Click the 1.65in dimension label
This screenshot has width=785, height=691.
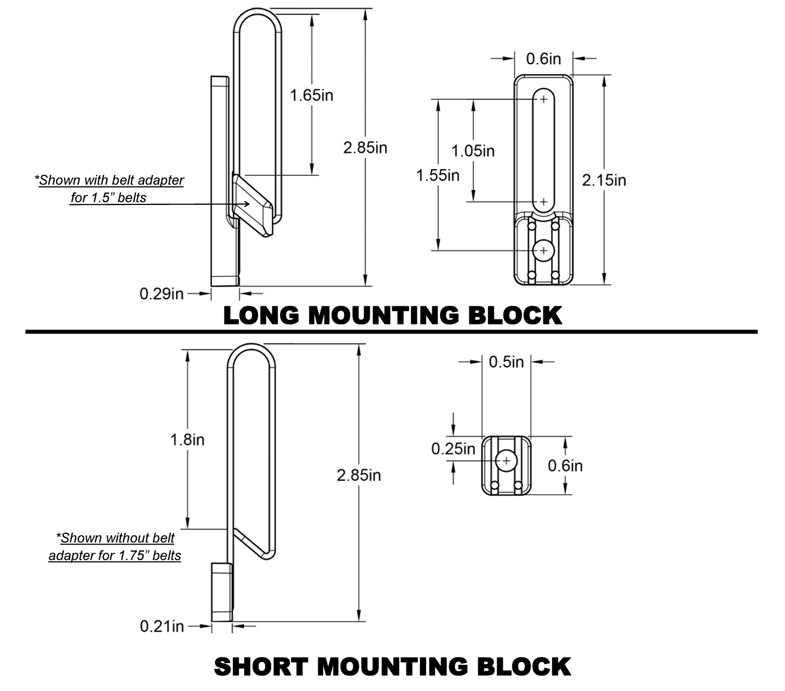click(x=311, y=95)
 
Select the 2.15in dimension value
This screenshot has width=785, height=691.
click(x=604, y=180)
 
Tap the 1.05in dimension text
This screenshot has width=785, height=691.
click(x=473, y=151)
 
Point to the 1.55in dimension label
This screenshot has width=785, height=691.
click(x=438, y=175)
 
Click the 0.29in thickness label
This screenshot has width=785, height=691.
click(x=162, y=294)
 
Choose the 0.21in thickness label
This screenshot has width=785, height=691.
click(x=162, y=626)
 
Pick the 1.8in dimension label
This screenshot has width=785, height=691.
click(x=187, y=439)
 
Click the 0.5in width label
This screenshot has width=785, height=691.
click(x=506, y=362)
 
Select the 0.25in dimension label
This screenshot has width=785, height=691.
click(x=453, y=449)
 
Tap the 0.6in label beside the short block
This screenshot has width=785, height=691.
click(x=565, y=466)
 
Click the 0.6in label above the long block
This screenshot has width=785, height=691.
click(x=543, y=59)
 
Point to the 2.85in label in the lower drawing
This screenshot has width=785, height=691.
click(x=359, y=475)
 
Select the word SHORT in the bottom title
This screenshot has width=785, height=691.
click(x=260, y=666)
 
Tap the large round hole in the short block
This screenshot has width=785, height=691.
click(x=506, y=461)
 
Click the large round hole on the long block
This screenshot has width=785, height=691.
click(x=543, y=250)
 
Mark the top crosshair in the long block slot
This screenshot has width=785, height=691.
click(x=543, y=99)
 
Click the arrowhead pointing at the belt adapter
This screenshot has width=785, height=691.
click(x=247, y=203)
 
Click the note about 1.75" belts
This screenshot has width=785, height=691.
click(x=115, y=546)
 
